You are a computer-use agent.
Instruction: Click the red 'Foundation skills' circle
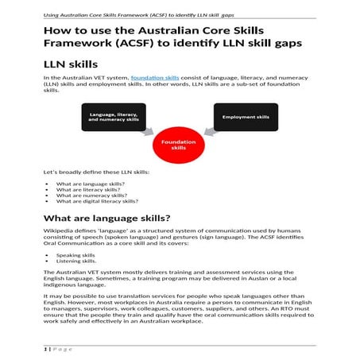179,144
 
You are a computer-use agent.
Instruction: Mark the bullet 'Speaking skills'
75,255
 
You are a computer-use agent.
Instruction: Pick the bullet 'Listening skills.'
76,261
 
